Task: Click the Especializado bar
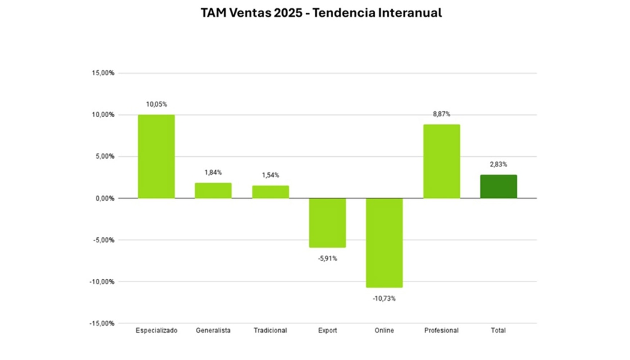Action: pyautogui.click(x=156, y=156)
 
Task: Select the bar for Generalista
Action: pyautogui.click(x=213, y=190)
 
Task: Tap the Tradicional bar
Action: pyautogui.click(x=270, y=192)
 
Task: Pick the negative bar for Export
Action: pyautogui.click(x=327, y=222)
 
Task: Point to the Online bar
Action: pyautogui.click(x=384, y=242)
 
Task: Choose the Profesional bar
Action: pyautogui.click(x=442, y=161)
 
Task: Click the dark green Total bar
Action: pyautogui.click(x=498, y=186)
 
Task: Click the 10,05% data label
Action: pyautogui.click(x=156, y=104)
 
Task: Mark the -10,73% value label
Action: pyautogui.click(x=384, y=298)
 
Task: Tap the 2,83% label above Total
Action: pyautogui.click(x=498, y=165)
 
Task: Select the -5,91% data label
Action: pyautogui.click(x=327, y=258)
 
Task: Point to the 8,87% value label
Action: pyautogui.click(x=442, y=114)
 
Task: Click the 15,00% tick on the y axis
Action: pyautogui.click(x=102, y=73)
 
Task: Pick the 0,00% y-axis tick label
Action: pyautogui.click(x=104, y=199)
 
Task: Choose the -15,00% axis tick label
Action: pyautogui.click(x=102, y=323)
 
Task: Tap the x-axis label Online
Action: pyautogui.click(x=384, y=330)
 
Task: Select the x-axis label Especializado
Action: pyautogui.click(x=156, y=330)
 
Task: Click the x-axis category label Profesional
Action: pyautogui.click(x=442, y=330)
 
